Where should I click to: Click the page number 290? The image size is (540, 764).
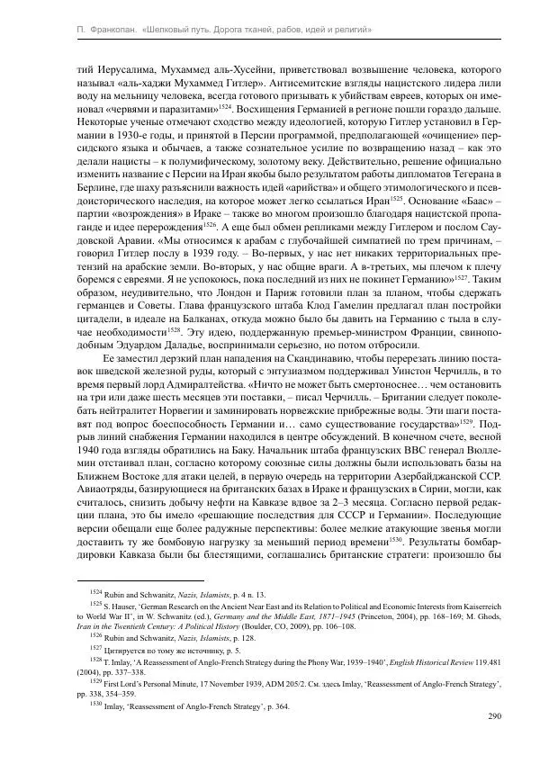[x=492, y=716]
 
